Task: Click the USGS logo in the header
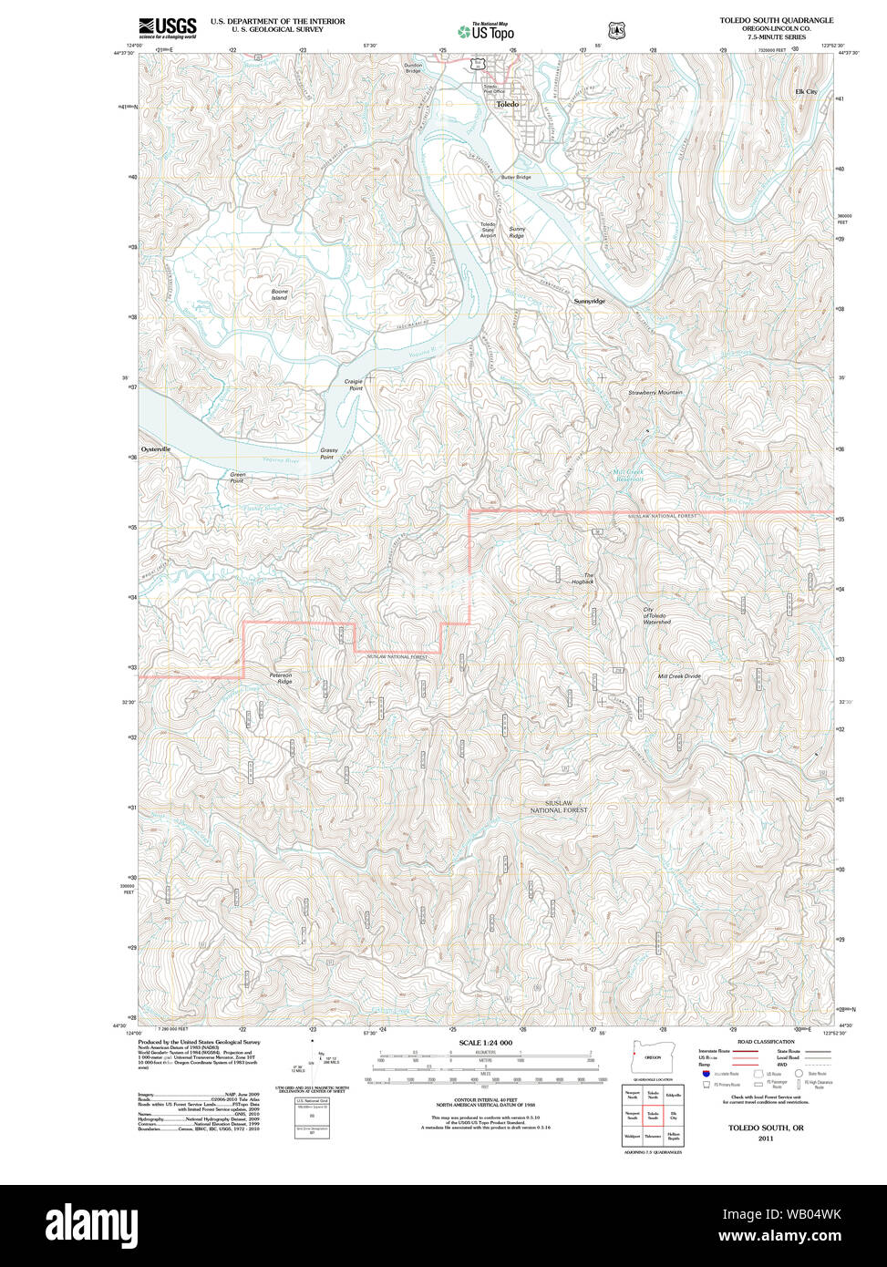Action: pyautogui.click(x=167, y=27)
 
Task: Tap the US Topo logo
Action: pyautogui.click(x=486, y=31)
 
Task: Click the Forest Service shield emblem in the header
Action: pyautogui.click(x=617, y=31)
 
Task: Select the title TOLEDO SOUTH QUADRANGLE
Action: pyautogui.click(x=776, y=20)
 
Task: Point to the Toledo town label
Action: pyautogui.click(x=507, y=105)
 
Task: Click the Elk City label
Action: pyautogui.click(x=806, y=92)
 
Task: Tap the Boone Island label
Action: pyautogui.click(x=279, y=294)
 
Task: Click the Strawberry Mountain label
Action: pyautogui.click(x=655, y=393)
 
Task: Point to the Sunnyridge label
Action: pyautogui.click(x=589, y=301)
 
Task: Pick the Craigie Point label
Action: pyautogui.click(x=354, y=385)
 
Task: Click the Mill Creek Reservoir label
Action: pyautogui.click(x=627, y=475)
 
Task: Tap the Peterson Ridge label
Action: pyautogui.click(x=280, y=678)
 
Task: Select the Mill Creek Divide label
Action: pyautogui.click(x=679, y=676)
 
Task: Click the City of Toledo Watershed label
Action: pyautogui.click(x=656, y=616)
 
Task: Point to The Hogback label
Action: pyautogui.click(x=583, y=578)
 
